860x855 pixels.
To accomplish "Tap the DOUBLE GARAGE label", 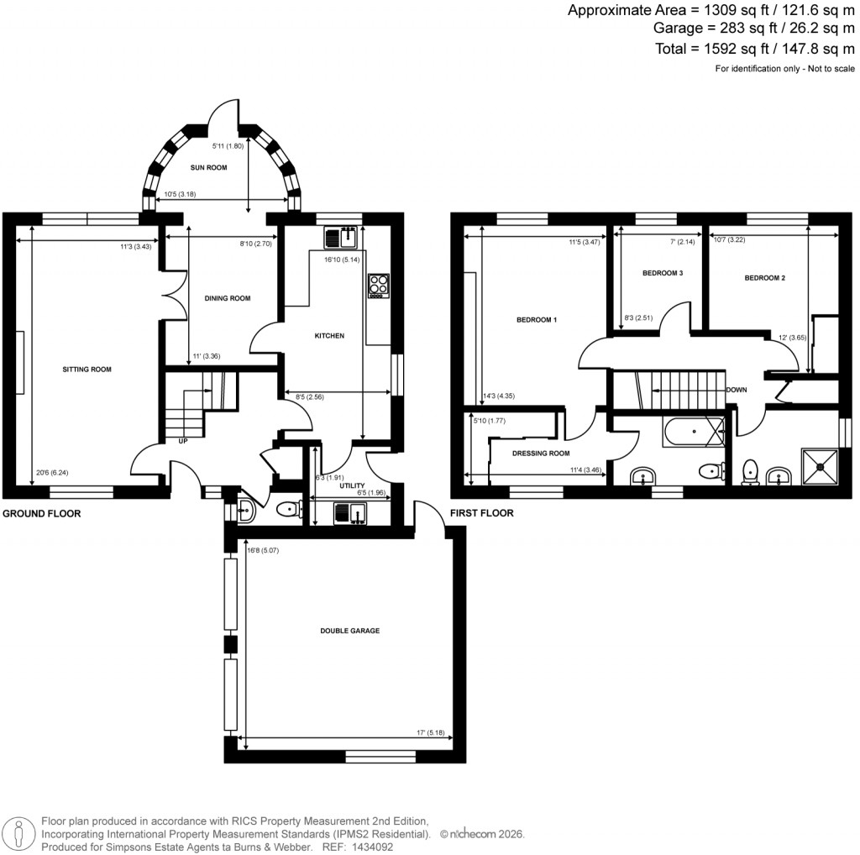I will pyautogui.click(x=344, y=631).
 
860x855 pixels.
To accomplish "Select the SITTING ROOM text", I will pyautogui.click(x=87, y=369).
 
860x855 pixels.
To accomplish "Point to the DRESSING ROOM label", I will pyautogui.click(x=542, y=453).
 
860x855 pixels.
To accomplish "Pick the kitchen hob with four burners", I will pyautogui.click(x=378, y=286).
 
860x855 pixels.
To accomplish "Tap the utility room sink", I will pyautogui.click(x=348, y=512).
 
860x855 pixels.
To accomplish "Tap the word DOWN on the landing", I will pyautogui.click(x=737, y=390).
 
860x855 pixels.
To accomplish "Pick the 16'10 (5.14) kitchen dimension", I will pyautogui.click(x=343, y=260).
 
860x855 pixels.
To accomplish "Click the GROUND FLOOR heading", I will pyautogui.click(x=42, y=513).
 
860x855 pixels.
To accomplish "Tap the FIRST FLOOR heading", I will pyautogui.click(x=480, y=513).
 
